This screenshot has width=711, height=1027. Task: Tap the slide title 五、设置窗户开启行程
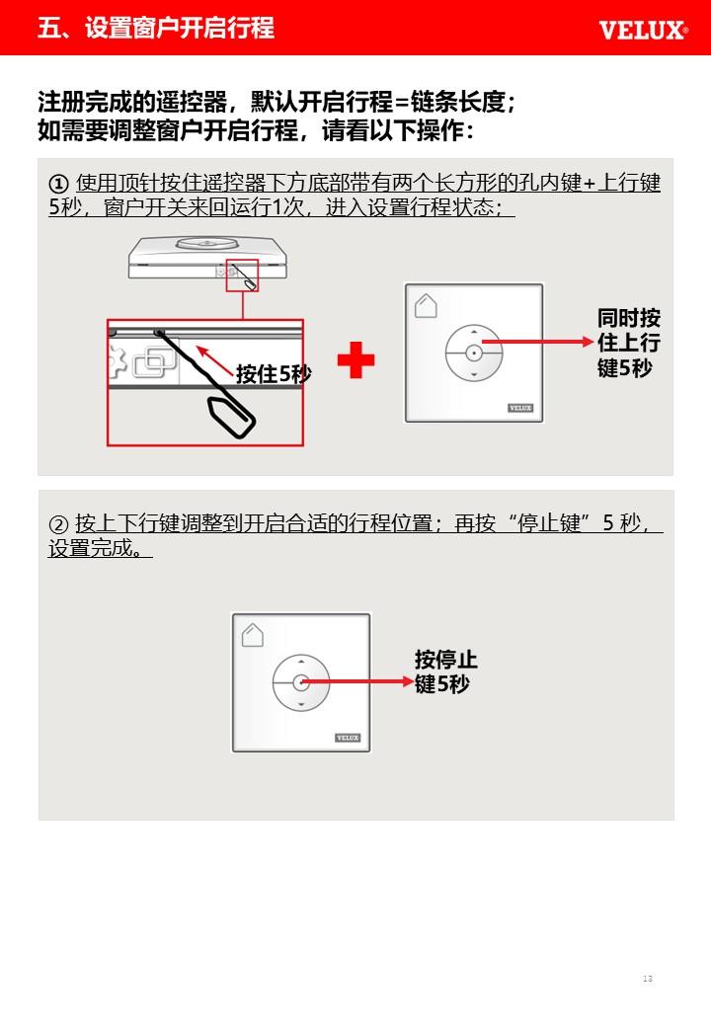[x=156, y=28]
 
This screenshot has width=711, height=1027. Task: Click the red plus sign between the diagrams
[x=355, y=360]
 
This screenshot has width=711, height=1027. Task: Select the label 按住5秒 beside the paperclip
[x=274, y=373]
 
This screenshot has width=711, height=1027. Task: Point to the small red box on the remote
[x=242, y=276]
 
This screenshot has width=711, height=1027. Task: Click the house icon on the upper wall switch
[x=426, y=305]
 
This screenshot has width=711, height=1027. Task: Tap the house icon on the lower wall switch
[x=253, y=635]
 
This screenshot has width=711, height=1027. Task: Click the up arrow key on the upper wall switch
[x=474, y=333]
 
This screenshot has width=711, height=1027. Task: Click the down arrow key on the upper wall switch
[x=474, y=374]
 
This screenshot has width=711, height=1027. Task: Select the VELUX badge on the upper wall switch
[x=520, y=408]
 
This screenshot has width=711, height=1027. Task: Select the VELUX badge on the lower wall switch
[x=348, y=738]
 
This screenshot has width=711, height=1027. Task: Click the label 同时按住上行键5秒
[x=628, y=343]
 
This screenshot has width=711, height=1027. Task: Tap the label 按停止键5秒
[x=445, y=671]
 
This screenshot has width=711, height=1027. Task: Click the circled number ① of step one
[x=59, y=184]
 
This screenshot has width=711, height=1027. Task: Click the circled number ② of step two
[x=59, y=524]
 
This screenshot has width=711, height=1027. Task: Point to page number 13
[x=648, y=979]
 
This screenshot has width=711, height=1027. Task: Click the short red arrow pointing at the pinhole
[x=215, y=360]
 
